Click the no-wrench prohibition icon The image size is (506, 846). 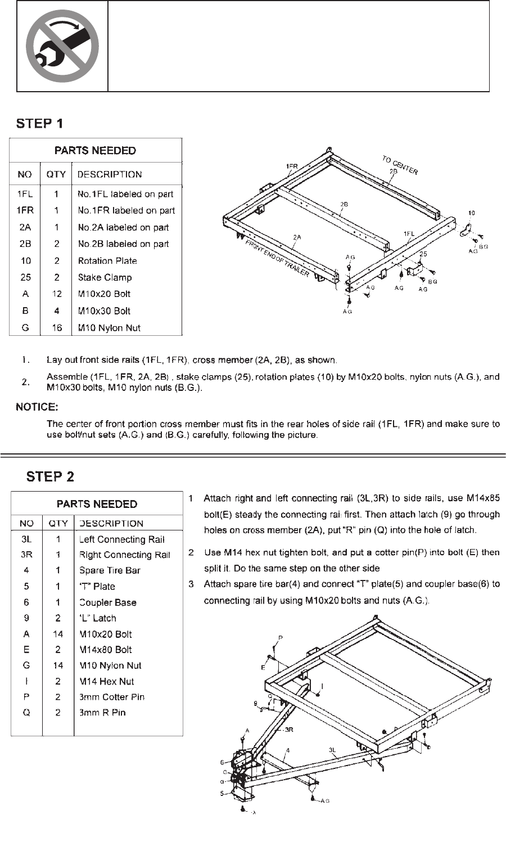pyautogui.click(x=62, y=46)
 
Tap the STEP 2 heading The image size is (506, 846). pyautogui.click(x=50, y=476)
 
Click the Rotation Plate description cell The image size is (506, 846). pyautogui.click(x=107, y=260)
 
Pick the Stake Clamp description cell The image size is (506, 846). pyautogui.click(x=105, y=277)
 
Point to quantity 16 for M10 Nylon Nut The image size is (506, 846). pyautogui.click(x=56, y=327)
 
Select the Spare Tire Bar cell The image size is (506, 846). pyautogui.click(x=110, y=570)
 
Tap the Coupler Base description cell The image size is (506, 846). pyautogui.click(x=108, y=602)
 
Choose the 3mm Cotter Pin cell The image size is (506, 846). pyautogui.click(x=112, y=697)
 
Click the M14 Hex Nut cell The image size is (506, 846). pyautogui.click(x=107, y=681)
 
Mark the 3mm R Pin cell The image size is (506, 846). pyautogui.click(x=102, y=713)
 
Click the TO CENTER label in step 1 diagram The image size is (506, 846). pyautogui.click(x=400, y=165)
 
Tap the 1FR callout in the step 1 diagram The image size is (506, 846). pyautogui.click(x=291, y=166)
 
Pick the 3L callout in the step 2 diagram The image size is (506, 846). pyautogui.click(x=333, y=750)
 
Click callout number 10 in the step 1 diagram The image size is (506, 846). pyautogui.click(x=471, y=213)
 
